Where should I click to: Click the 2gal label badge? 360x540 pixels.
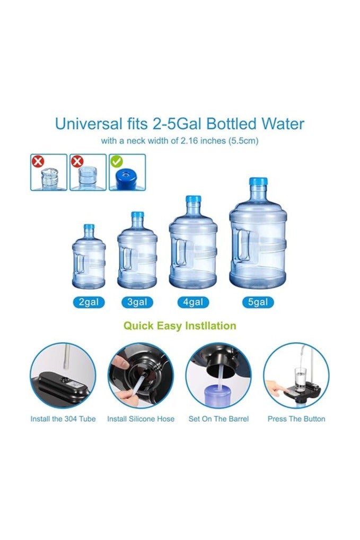point(89,302)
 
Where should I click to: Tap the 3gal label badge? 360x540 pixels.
point(137,302)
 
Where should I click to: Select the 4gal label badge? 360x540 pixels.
point(192,302)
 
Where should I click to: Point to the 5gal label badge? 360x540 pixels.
point(258,302)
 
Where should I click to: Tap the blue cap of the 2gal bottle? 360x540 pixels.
point(89,228)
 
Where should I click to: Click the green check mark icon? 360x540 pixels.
point(116,160)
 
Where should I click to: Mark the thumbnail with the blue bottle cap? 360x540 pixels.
point(127,172)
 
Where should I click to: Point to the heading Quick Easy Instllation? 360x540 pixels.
point(180,326)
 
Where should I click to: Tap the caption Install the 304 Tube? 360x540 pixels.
point(63,419)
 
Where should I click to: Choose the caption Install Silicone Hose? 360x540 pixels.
point(141,419)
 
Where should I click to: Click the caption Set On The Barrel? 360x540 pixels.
point(218,419)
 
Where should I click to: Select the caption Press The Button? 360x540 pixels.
point(296,419)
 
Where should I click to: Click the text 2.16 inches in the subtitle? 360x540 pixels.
point(198,141)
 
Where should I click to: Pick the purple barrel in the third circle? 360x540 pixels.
point(218,395)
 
